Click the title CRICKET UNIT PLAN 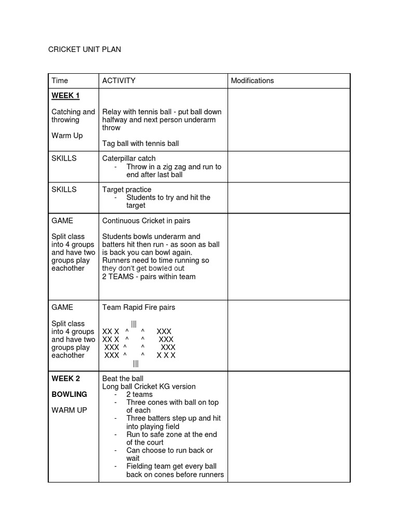(x=85, y=49)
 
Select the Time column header (x=60, y=81)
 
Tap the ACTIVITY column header (x=118, y=81)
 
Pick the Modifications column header (x=252, y=81)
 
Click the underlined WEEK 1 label (x=65, y=96)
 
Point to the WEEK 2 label (x=65, y=378)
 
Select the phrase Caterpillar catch (x=129, y=158)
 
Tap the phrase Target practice (x=127, y=189)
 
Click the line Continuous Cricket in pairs (x=146, y=220)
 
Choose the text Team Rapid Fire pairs (x=139, y=307)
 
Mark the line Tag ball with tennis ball (x=140, y=143)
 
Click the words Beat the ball (x=123, y=378)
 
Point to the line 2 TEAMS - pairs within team (x=149, y=276)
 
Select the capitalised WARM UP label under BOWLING (x=69, y=410)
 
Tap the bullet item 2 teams (x=139, y=394)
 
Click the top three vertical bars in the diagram (x=134, y=324)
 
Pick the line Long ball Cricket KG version (x=149, y=387)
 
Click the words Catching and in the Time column (x=73, y=112)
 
